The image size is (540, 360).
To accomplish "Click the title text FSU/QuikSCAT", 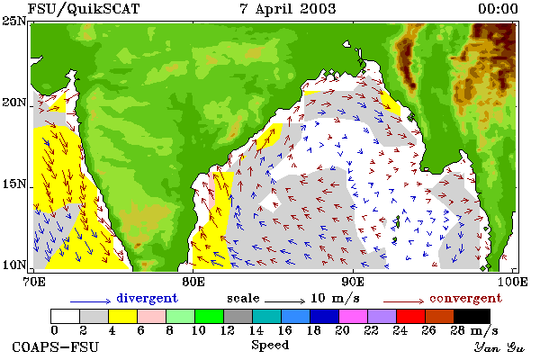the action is [84, 9].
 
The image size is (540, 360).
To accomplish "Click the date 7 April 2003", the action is [288, 9].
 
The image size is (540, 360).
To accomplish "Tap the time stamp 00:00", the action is [498, 9].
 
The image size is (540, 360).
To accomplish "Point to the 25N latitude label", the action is [13, 21].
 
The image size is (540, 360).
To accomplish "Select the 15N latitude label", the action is [13, 184].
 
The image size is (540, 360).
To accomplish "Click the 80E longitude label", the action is [193, 282].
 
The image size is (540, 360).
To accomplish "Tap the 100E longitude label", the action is [512, 282].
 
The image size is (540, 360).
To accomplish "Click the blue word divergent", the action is [147, 298].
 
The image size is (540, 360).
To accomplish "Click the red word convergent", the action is [465, 298].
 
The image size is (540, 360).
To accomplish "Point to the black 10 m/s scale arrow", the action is [284, 301].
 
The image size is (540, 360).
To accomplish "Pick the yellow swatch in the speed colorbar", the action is [123, 316].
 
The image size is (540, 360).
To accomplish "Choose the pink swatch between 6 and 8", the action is [151, 316].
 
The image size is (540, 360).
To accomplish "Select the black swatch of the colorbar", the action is [472, 316].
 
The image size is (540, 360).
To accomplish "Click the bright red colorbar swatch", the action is [410, 316].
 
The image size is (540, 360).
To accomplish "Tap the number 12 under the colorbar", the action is [228, 330].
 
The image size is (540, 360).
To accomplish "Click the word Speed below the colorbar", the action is [270, 345].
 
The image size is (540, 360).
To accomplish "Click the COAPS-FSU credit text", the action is [56, 346].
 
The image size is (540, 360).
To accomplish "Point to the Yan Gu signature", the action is [499, 347].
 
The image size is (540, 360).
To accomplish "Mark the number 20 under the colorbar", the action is [342, 330].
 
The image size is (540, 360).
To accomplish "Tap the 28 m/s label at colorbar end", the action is [474, 330].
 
